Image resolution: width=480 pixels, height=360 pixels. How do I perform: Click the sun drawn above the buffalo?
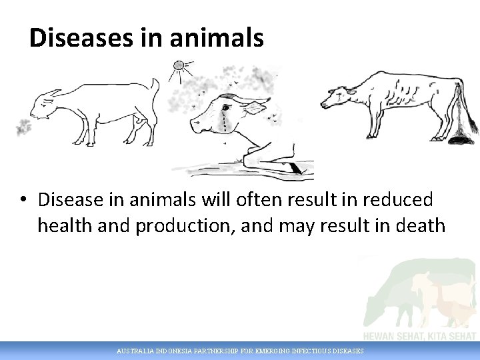point(178,66)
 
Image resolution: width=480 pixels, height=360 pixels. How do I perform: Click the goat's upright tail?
point(155,89)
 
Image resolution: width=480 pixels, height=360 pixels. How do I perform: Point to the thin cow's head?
point(337,99)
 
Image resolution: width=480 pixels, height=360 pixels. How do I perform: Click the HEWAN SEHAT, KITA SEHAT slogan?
point(419,336)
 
